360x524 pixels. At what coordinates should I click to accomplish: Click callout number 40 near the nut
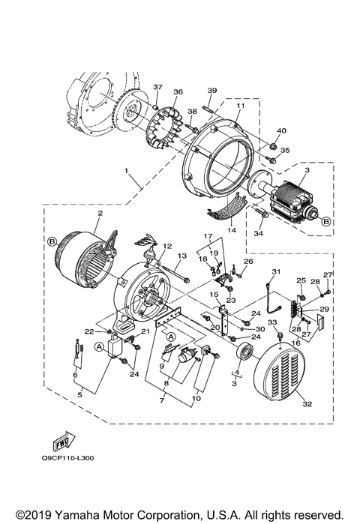pyautogui.click(x=282, y=130)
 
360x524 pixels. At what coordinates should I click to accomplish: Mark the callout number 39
pyautogui.click(x=212, y=91)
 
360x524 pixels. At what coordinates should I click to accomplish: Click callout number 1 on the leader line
pyautogui.click(x=129, y=179)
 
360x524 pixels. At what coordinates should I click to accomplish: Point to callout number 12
pyautogui.click(x=167, y=246)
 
